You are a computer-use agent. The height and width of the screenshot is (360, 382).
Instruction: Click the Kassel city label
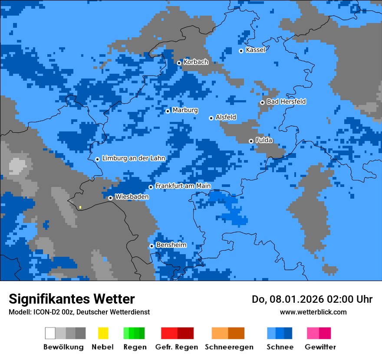[255, 50]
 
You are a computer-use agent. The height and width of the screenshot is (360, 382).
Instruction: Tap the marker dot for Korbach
[179, 63]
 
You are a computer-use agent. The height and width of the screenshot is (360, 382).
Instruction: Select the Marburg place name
[185, 110]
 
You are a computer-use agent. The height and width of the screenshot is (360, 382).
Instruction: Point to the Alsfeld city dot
[211, 118]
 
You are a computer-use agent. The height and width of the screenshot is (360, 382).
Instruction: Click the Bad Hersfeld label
[286, 101]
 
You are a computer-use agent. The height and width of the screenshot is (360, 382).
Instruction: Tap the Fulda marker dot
[251, 141]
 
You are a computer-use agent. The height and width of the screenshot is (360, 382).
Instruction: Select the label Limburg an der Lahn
[133, 158]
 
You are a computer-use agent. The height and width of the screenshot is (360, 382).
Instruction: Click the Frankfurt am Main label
[183, 186]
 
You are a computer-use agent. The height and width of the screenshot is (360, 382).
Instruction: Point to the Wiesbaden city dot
[110, 198]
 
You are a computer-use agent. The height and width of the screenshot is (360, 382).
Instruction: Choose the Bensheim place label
[171, 245]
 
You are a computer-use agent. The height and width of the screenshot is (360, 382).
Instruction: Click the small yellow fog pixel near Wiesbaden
[80, 207]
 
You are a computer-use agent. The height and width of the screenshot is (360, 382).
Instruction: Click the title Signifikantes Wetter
[72, 299]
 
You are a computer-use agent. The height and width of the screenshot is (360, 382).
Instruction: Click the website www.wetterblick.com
[313, 312]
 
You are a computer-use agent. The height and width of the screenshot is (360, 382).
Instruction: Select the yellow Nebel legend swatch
[103, 333]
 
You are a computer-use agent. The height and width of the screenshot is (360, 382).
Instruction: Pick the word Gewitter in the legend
[320, 347]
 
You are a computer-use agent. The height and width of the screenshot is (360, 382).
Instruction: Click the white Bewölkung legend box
[50, 333]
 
